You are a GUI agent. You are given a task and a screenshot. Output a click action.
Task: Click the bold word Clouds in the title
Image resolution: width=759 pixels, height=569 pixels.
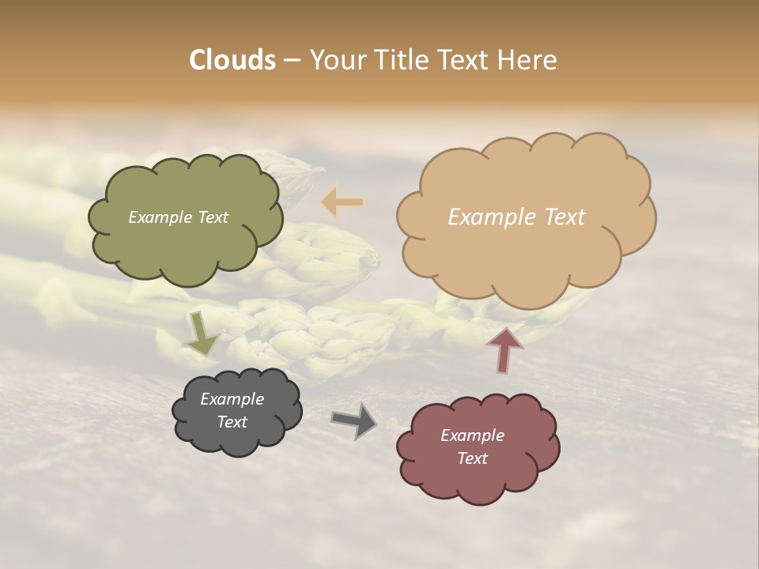[x=232, y=60]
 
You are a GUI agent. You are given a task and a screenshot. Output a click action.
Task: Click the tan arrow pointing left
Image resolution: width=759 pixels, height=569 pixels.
[x=342, y=202]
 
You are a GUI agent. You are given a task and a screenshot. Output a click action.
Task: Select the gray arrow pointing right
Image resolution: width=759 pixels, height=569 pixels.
[x=354, y=420]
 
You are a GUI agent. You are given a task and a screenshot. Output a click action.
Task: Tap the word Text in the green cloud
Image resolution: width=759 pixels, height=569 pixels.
[x=212, y=217]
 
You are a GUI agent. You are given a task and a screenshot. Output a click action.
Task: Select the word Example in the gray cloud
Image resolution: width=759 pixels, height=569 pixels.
[x=232, y=399]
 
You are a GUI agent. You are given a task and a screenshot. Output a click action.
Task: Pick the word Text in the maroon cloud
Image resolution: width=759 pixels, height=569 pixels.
[x=472, y=458]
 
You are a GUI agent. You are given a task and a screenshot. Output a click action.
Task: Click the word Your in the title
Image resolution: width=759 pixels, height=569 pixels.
[x=335, y=60]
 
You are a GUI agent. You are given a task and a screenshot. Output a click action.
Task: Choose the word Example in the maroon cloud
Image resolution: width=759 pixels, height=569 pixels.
[x=472, y=435]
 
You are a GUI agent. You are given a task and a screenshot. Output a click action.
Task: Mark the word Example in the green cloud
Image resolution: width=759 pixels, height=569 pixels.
[x=160, y=217]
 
